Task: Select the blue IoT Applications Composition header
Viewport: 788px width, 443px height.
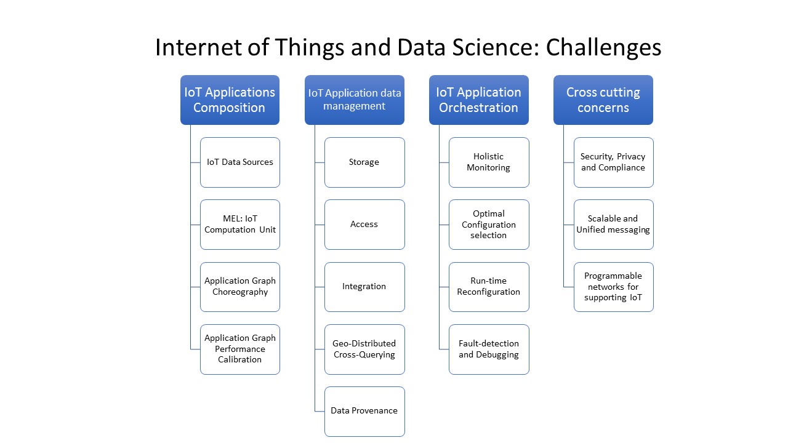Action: click(x=230, y=100)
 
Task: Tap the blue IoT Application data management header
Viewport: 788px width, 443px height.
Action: click(x=355, y=100)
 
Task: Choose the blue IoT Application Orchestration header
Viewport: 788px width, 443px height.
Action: click(x=478, y=100)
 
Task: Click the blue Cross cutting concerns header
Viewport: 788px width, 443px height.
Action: click(x=603, y=100)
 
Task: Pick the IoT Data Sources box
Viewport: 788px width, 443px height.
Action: click(x=240, y=162)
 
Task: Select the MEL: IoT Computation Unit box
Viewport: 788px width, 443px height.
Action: click(x=240, y=225)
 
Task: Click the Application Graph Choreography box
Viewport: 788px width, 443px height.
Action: click(x=240, y=287)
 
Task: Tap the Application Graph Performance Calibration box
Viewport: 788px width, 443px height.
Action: click(x=240, y=349)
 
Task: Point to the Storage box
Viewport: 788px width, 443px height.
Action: click(x=364, y=162)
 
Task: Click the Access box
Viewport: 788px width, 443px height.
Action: click(x=364, y=225)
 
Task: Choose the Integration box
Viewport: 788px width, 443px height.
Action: click(x=364, y=287)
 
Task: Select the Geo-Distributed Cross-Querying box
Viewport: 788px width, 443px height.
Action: click(x=364, y=349)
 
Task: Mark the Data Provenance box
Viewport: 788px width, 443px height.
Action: click(x=364, y=411)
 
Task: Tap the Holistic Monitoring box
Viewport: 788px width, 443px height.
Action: click(x=489, y=162)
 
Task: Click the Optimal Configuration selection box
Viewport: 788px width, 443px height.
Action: click(x=489, y=225)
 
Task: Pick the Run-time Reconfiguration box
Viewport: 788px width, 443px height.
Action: click(x=489, y=287)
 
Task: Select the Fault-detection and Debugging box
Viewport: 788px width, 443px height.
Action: click(x=489, y=349)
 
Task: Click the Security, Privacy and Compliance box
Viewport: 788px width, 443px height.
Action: click(x=613, y=162)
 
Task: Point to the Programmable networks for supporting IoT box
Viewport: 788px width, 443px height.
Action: click(x=613, y=287)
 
